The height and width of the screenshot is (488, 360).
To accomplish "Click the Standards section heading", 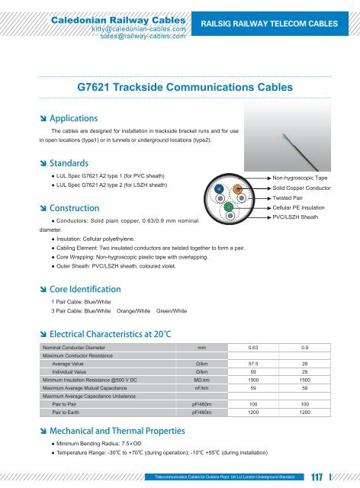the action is point(66,163).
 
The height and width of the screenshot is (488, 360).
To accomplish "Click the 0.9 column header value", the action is point(305,348).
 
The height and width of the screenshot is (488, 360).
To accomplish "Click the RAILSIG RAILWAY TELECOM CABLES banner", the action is point(280,24).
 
